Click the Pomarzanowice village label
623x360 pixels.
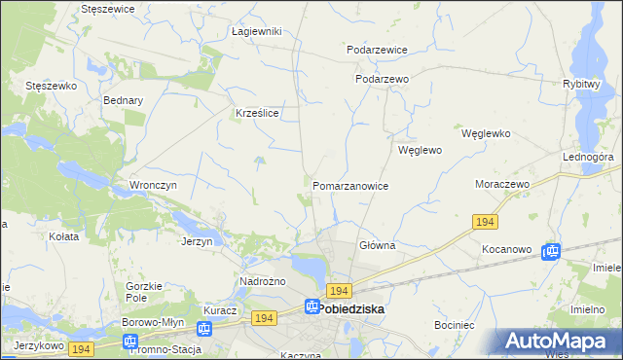(350, 186)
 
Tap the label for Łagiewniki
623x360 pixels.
(257, 31)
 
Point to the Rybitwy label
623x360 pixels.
(580, 84)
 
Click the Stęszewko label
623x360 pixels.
(51, 86)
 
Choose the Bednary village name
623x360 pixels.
(124, 100)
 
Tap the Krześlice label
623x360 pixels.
(258, 114)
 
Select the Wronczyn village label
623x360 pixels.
(152, 185)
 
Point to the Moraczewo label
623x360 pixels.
(500, 184)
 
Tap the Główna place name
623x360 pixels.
(377, 246)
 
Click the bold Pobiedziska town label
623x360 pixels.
(351, 308)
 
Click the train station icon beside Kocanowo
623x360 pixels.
(551, 251)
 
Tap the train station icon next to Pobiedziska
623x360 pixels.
(311, 307)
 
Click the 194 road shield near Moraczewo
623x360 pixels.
(486, 223)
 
